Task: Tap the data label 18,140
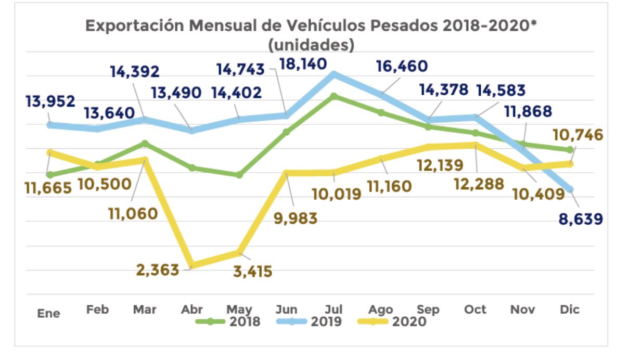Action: click(x=303, y=65)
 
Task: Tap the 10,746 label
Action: click(x=579, y=135)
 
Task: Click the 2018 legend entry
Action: click(x=229, y=322)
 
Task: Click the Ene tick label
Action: click(x=48, y=313)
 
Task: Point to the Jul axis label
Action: click(x=333, y=310)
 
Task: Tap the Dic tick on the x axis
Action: click(x=570, y=310)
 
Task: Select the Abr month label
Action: click(x=191, y=310)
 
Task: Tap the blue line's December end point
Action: click(x=570, y=189)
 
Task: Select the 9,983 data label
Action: click(x=294, y=218)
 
